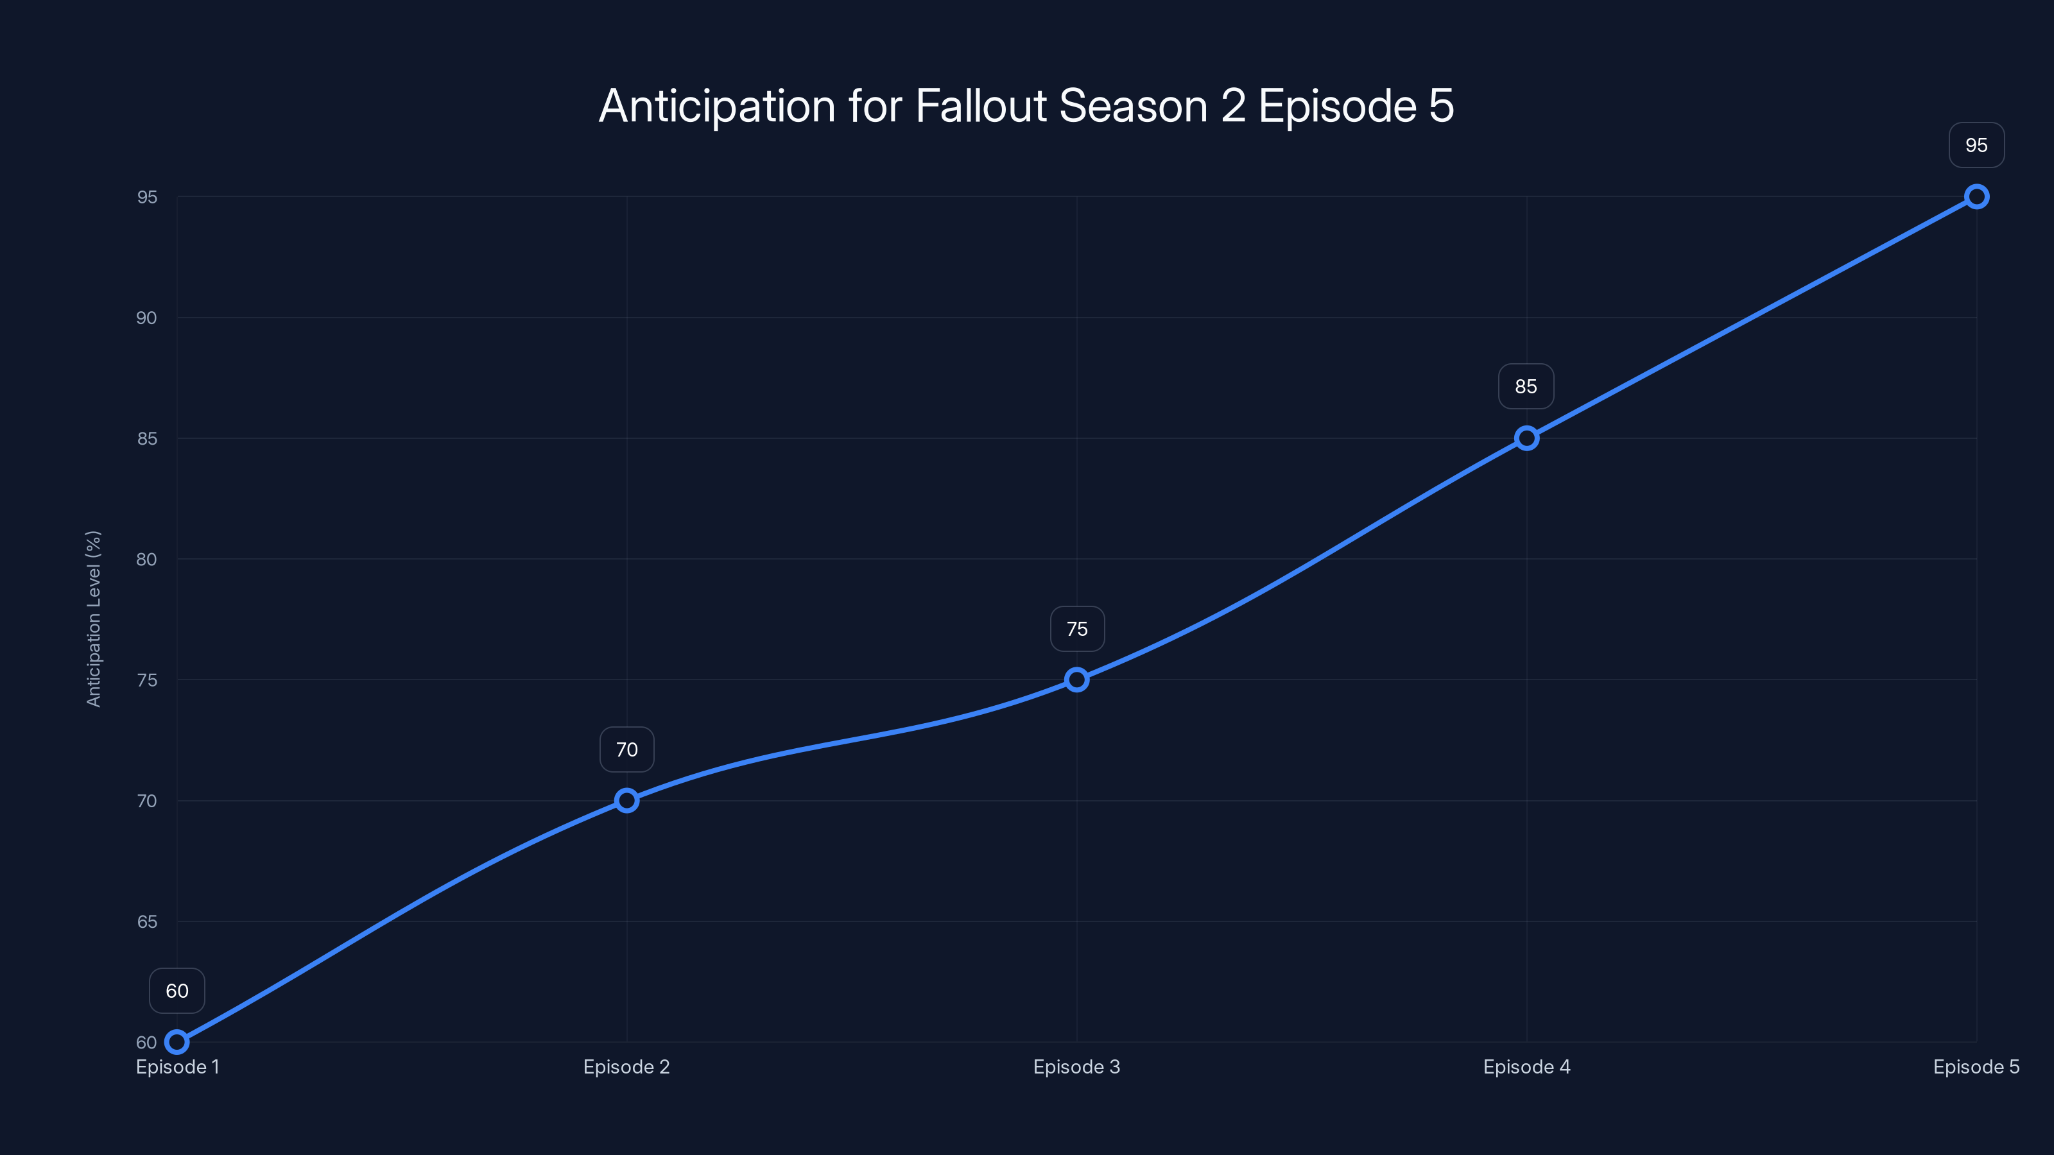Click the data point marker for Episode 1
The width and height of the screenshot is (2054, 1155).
[177, 1042]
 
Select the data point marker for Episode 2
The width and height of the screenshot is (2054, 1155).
[626, 800]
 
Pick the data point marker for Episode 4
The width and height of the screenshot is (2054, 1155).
[1526, 438]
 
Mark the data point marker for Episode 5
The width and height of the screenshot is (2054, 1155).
[1976, 197]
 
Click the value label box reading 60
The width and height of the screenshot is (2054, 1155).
[177, 991]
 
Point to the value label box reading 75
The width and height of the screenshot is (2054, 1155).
[1077, 629]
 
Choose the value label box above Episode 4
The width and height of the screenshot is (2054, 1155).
[1526, 386]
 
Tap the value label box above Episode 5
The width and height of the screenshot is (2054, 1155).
[1976, 145]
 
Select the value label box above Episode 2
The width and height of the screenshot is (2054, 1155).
[626, 749]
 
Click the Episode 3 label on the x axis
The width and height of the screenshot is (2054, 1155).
[1076, 1066]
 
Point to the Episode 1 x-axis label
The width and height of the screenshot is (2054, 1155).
[177, 1066]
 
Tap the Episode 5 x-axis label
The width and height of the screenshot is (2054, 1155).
[1976, 1066]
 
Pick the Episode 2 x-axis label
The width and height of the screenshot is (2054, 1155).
[626, 1066]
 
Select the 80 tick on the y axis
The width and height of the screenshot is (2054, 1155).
[147, 560]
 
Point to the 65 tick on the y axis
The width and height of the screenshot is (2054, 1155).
[147, 921]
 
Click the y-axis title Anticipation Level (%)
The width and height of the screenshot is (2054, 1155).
[94, 619]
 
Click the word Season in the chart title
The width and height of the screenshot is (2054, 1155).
[1133, 106]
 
